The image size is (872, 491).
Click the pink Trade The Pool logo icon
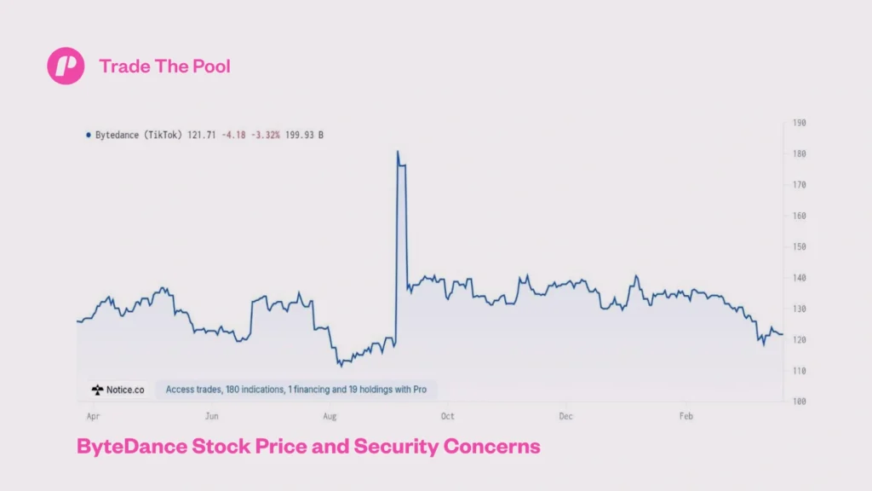66,66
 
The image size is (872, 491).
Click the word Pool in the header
211,66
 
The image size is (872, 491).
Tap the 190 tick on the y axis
799,123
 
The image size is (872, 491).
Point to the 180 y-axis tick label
799,153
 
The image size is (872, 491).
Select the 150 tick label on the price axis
799,246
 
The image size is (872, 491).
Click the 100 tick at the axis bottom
799,401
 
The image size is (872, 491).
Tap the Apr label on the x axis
93,416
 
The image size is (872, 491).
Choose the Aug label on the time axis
330,416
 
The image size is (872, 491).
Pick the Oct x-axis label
447,416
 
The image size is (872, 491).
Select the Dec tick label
566,416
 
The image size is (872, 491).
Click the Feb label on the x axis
686,416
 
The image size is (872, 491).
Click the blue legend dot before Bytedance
88,135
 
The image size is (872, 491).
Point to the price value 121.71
201,135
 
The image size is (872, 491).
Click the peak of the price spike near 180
398,152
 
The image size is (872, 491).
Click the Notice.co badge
118,390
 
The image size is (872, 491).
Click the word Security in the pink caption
394,446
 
